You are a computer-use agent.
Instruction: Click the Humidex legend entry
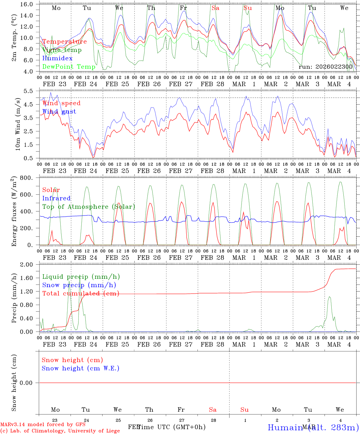(x=57, y=58)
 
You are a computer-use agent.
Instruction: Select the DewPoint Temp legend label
(x=69, y=67)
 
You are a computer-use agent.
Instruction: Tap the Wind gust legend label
(x=59, y=112)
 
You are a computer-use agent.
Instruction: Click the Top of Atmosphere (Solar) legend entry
(x=88, y=207)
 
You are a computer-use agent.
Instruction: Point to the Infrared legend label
(x=56, y=198)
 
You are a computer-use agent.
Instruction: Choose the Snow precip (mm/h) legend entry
(x=79, y=285)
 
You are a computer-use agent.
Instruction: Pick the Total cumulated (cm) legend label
(x=81, y=294)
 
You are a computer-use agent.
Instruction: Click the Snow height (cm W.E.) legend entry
(x=81, y=368)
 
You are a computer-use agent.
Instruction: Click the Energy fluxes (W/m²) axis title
(x=14, y=212)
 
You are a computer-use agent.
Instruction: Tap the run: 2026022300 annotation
(x=325, y=67)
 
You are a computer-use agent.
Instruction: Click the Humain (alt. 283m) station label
(x=313, y=427)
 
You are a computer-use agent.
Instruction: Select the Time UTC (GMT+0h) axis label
(x=171, y=427)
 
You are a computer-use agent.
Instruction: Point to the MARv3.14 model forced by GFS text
(x=43, y=424)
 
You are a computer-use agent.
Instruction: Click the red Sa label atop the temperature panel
(x=215, y=8)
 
